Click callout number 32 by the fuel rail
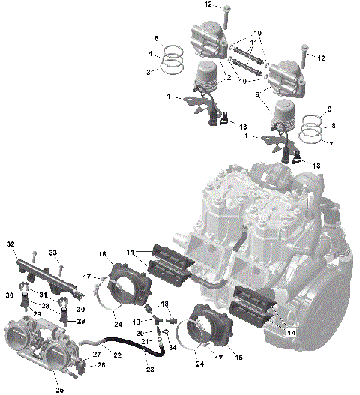click(x=10, y=244)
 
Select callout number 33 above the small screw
click(x=53, y=252)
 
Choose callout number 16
click(x=102, y=254)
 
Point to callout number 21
click(x=139, y=343)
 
